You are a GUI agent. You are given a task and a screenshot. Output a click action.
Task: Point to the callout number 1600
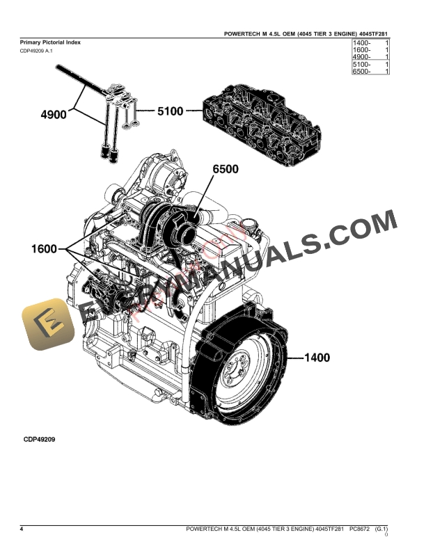pyautogui.click(x=44, y=248)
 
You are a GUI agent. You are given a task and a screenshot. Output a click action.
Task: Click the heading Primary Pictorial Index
pyautogui.click(x=50, y=42)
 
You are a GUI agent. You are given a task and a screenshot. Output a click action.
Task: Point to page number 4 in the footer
pyautogui.click(x=22, y=530)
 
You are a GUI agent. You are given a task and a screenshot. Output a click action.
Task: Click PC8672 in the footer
pyautogui.click(x=359, y=530)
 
